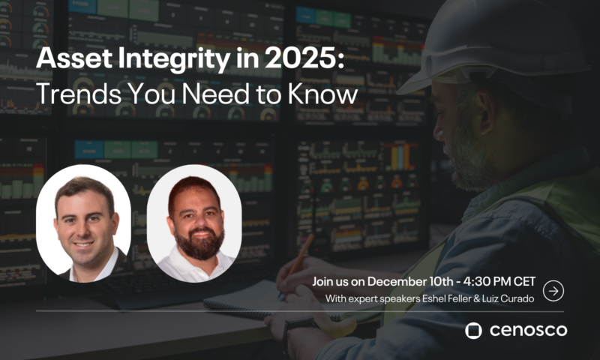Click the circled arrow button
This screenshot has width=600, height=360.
[x=553, y=291]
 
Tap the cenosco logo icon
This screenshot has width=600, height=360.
[x=473, y=330]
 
